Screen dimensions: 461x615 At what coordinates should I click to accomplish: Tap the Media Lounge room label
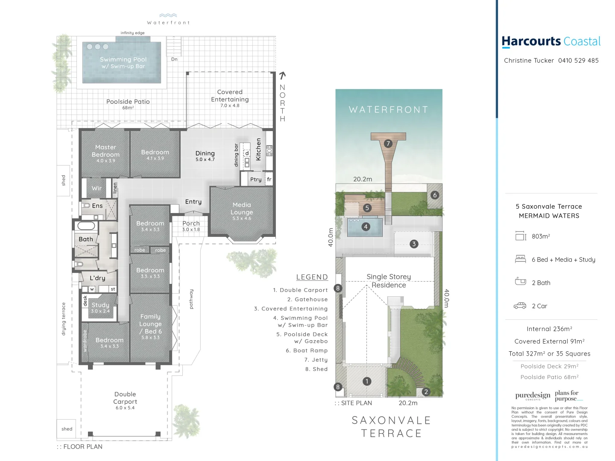242,209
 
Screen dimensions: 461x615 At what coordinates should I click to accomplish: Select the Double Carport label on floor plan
125,398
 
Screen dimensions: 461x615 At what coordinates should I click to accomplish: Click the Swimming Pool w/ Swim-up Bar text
123,63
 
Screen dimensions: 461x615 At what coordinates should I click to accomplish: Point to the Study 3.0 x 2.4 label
100,307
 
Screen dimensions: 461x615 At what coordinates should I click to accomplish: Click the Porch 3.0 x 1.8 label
191,225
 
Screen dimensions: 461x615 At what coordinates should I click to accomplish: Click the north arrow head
282,76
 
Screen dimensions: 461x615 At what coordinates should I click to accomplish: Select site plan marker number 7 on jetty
388,143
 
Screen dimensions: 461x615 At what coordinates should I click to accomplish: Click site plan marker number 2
426,391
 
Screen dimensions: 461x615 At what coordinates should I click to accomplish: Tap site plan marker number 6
435,195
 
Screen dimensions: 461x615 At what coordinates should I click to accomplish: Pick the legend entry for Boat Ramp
307,350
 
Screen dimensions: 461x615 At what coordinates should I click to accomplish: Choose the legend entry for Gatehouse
307,300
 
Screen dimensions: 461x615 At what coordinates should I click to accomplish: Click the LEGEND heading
312,277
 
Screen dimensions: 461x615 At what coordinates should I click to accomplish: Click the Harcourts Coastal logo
551,42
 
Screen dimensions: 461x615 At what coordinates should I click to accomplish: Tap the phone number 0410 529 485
578,61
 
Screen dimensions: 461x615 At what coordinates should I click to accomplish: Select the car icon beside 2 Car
520,306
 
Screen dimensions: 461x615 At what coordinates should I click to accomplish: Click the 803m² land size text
541,236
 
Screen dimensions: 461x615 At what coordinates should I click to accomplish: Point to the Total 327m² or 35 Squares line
549,353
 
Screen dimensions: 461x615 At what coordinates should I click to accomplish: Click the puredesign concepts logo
533,396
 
